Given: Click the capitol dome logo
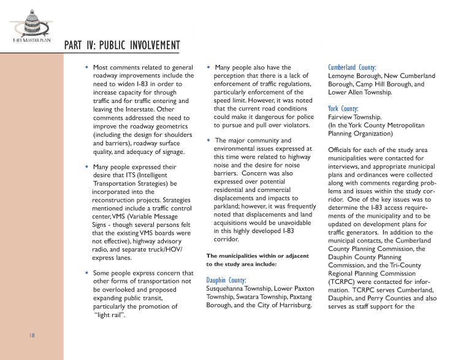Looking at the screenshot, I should point(29,24).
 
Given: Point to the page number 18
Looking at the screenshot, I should point(31,335).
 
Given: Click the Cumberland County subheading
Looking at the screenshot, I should point(352,67).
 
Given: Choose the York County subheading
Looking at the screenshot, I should point(343,108).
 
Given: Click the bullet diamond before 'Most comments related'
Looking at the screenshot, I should point(87,67).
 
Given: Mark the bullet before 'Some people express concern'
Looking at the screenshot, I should point(87,273).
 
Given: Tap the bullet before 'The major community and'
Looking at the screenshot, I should point(209,140).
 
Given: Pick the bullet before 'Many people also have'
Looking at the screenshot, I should point(209,67).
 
